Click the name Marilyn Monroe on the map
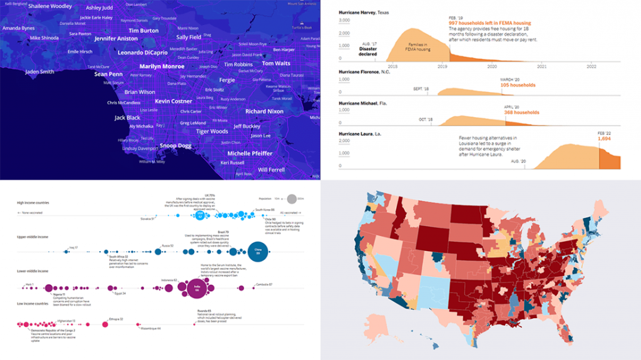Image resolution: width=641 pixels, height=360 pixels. pyautogui.click(x=162, y=66)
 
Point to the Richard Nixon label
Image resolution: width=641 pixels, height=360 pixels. pyautogui.click(x=264, y=111)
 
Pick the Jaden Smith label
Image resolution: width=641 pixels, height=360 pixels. pyautogui.click(x=39, y=72)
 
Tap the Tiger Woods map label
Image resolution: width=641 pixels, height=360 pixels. pyautogui.click(x=212, y=131)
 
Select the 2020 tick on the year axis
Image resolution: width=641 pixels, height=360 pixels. pyautogui.click(x=492, y=66)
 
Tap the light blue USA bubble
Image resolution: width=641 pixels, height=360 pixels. pyautogui.click(x=200, y=215)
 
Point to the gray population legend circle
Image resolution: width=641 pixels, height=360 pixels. pyautogui.click(x=290, y=199)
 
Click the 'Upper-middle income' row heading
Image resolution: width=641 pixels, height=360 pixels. pyautogui.click(x=37, y=237)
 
